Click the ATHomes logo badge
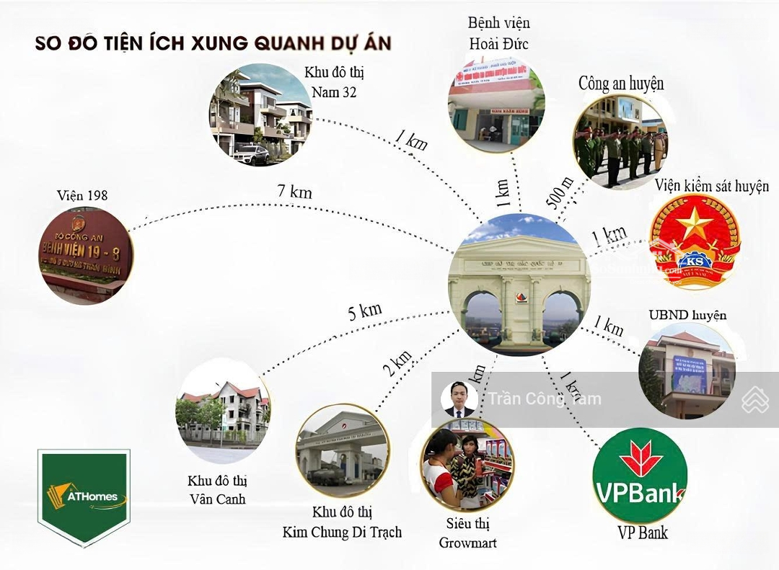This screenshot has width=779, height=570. click(84, 496)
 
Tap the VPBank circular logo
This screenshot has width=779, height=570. click(640, 475)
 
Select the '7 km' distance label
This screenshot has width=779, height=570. click(295, 192)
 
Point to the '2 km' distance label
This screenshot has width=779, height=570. click(398, 364)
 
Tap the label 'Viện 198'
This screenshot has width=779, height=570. click(81, 195)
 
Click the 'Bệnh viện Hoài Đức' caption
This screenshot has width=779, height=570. click(498, 34)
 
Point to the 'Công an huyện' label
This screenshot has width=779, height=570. click(620, 84)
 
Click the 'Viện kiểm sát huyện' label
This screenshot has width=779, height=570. click(712, 186)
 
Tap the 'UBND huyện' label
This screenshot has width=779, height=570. click(687, 315)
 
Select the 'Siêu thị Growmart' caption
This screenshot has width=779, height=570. click(467, 533)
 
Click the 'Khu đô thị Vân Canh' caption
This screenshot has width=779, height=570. click(217, 489)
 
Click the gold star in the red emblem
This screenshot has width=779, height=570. click(695, 224)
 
